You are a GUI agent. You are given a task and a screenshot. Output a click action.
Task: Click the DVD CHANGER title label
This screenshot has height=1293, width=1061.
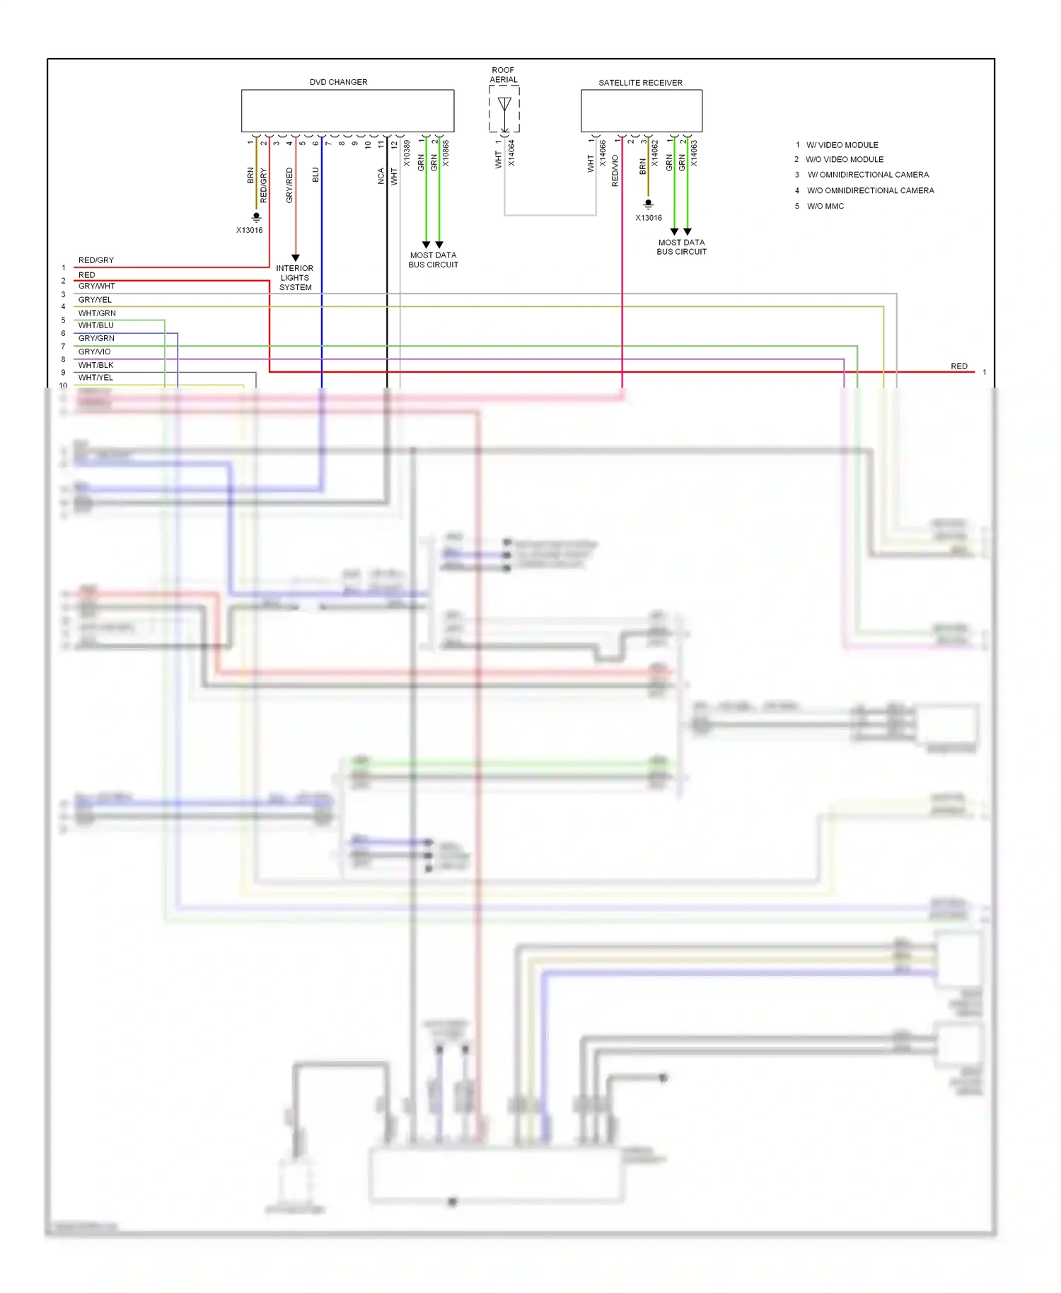point(338,82)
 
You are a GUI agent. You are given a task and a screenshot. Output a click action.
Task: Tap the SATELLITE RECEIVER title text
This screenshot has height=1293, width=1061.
point(640,83)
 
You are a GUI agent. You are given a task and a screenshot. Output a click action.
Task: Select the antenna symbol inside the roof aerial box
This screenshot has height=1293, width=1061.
point(504,105)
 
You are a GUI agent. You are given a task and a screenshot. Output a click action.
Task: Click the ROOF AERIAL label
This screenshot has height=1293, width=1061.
point(503,75)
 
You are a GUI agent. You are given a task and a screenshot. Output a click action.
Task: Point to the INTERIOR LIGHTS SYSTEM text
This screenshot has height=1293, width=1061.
point(295,278)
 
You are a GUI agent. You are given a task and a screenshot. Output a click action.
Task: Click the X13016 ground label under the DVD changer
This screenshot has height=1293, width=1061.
point(249,230)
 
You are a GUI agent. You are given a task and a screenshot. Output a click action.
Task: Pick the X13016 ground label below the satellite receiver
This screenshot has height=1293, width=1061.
point(648,218)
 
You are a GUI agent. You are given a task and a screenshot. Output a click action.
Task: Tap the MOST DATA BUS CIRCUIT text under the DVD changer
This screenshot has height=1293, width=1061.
point(433,260)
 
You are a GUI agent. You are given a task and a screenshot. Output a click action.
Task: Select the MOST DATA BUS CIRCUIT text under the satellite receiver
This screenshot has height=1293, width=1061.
point(681,247)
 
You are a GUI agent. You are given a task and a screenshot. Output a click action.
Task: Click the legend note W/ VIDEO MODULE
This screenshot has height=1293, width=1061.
point(842,145)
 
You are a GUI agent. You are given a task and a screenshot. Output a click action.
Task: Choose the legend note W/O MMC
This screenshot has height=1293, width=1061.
point(825,207)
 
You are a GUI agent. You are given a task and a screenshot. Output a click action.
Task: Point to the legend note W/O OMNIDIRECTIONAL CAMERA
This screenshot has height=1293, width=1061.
point(870,191)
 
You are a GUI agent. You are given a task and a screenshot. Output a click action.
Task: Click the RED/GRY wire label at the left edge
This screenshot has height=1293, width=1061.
point(95,260)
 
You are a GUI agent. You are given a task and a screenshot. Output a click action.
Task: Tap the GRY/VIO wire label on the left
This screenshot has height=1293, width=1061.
point(94,352)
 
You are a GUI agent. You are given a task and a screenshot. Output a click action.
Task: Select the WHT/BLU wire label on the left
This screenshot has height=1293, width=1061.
point(95,325)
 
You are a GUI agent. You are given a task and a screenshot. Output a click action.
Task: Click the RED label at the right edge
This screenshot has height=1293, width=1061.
point(958,366)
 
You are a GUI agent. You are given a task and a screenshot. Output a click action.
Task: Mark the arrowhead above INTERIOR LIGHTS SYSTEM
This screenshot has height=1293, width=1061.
point(296,258)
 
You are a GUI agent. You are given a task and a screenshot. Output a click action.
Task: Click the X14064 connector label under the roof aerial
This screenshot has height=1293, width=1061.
point(511,153)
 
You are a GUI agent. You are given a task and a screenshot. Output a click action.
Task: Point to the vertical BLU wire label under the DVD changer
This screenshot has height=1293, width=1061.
point(315,175)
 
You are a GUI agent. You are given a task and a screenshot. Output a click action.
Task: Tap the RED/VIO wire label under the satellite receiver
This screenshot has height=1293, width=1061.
point(615,170)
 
